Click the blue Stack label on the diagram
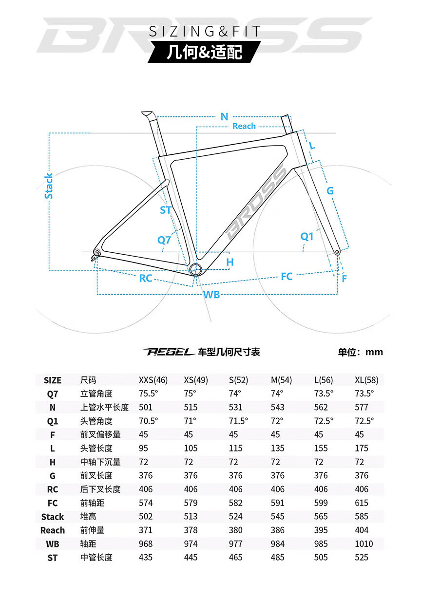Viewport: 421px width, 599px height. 49,186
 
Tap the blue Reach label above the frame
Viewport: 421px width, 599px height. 244,126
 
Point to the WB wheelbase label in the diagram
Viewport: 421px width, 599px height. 211,295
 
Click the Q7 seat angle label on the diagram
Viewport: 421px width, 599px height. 164,240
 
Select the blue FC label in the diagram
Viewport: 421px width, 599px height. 287,276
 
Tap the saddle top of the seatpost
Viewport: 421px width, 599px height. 147,113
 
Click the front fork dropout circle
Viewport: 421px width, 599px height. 337,252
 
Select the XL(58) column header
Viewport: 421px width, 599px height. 366,380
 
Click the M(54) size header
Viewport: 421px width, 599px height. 281,380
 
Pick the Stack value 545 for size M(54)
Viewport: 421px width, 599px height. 277,516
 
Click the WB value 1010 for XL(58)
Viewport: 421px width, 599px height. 364,543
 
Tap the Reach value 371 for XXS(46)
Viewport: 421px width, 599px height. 145,530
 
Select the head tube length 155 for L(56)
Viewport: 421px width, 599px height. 321,448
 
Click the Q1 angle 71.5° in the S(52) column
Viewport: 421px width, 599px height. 238,421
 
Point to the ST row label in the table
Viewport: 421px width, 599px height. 53,558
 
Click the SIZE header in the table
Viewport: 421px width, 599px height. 53,380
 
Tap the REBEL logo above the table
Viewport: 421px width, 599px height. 169,352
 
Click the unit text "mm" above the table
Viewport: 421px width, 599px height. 374,352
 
